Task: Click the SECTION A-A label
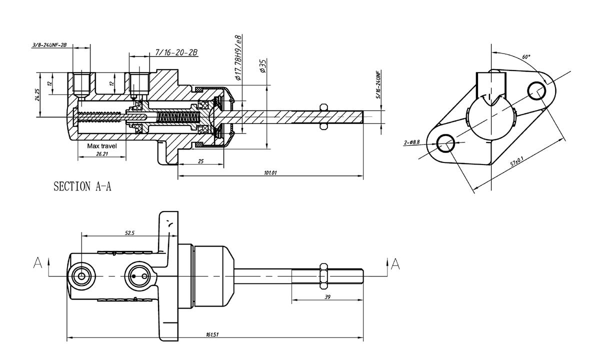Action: pos(82,187)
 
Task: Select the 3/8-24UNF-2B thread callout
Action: pos(49,45)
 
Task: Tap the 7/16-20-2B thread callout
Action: pos(176,52)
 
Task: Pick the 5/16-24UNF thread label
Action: pos(379,84)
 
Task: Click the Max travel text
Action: pos(102,146)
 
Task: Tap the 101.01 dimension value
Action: pos(269,172)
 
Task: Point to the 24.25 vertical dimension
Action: pos(37,95)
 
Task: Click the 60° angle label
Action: pos(526,57)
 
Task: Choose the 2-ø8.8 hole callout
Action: pos(411,142)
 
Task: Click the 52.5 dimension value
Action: pos(129,233)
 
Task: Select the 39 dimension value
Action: pos(327,296)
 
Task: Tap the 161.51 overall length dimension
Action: pos(212,334)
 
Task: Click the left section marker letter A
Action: pos(37,263)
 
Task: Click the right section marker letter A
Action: pos(395,263)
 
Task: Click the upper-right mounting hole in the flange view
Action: pos(537,90)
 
